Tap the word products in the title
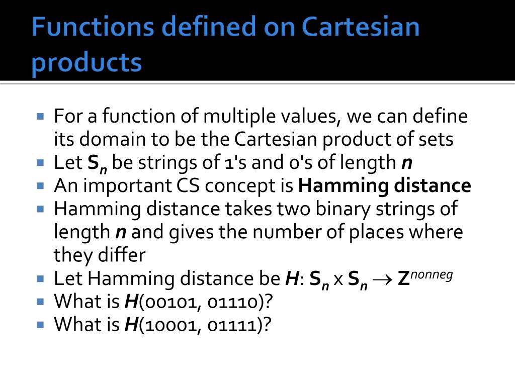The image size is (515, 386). tap(87, 63)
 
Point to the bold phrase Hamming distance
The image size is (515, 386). tap(385, 186)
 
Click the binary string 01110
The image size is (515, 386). tap(231, 302)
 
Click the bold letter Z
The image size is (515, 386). tap(403, 279)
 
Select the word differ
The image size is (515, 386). tap(122, 255)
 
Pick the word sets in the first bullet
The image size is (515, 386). tap(436, 139)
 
